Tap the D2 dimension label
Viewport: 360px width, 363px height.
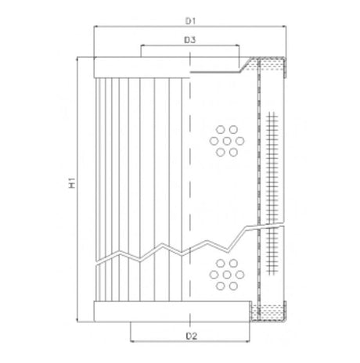189,336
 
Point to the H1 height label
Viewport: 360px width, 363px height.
71,185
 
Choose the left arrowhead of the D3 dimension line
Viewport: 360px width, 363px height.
142,45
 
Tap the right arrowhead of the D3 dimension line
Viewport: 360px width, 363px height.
236,45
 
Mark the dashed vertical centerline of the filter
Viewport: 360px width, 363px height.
189,188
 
